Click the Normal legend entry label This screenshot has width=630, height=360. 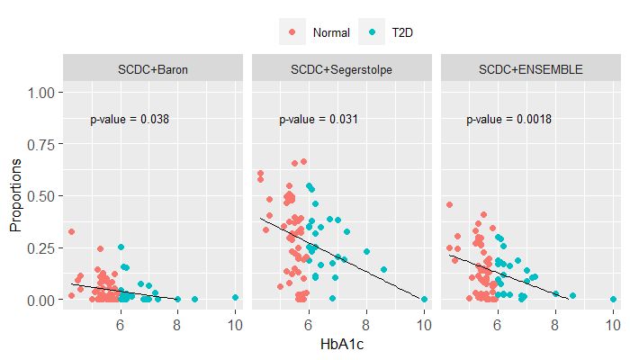click(x=330, y=33)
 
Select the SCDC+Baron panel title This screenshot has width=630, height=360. click(x=153, y=68)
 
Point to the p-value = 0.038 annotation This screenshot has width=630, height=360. click(x=130, y=119)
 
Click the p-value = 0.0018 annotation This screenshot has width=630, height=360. click(x=508, y=119)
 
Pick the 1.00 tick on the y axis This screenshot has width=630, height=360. click(x=44, y=93)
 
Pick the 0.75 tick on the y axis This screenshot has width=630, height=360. click(x=44, y=144)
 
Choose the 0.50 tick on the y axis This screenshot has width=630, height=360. click(x=44, y=195)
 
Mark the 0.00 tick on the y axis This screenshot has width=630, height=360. click(x=44, y=299)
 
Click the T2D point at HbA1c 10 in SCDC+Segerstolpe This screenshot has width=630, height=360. click(x=424, y=299)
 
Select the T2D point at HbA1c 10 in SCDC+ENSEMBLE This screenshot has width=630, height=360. click(x=613, y=299)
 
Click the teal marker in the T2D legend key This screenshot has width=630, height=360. click(x=373, y=32)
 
